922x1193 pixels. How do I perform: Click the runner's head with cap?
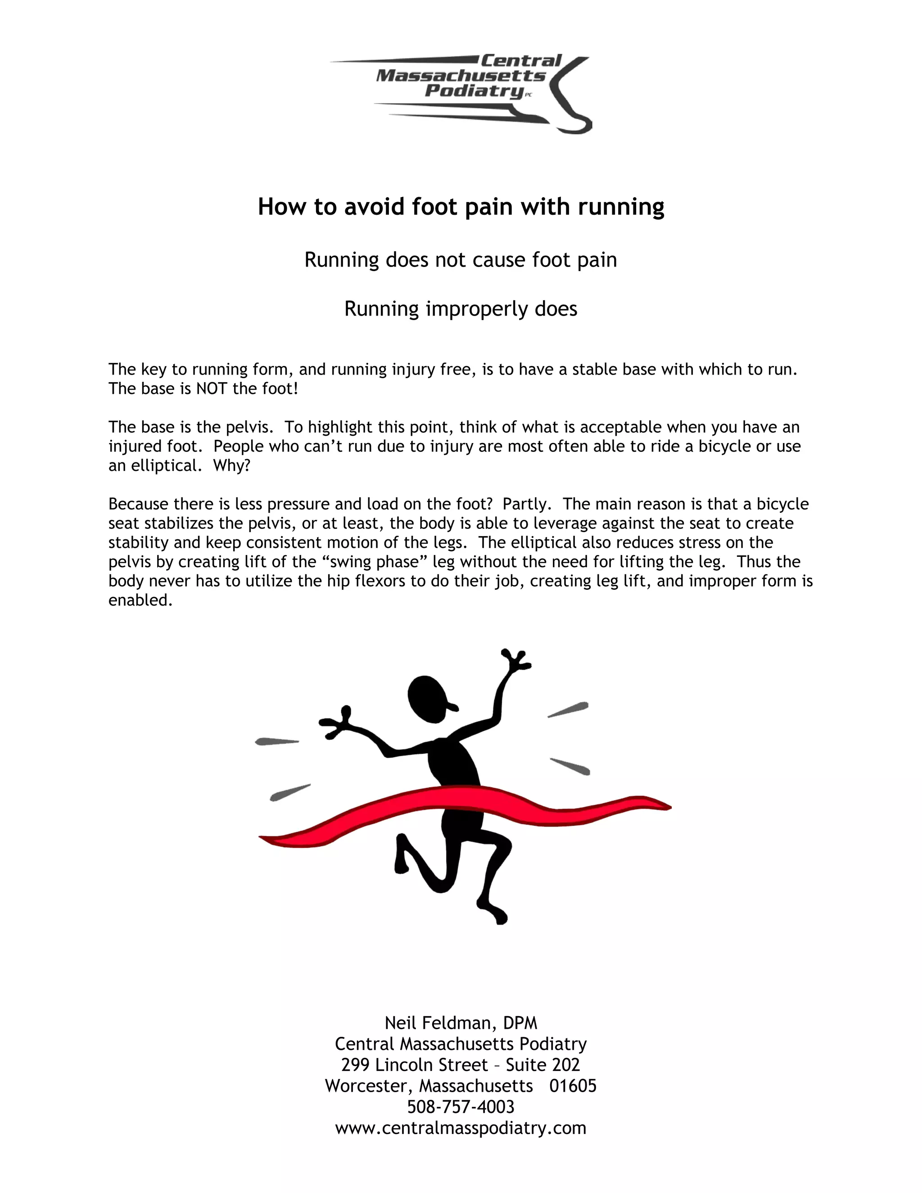pos(429,700)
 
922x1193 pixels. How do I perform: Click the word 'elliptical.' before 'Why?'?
pos(163,466)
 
